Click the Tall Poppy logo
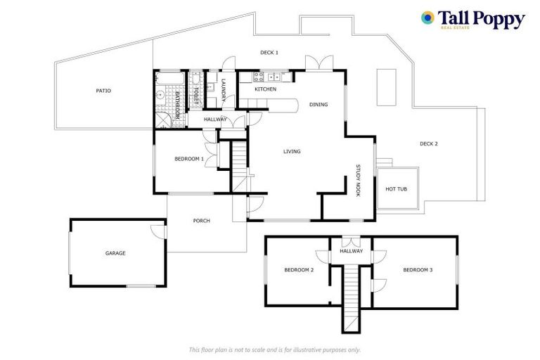pyautogui.click(x=472, y=19)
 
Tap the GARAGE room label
pyautogui.click(x=115, y=253)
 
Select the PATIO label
pyautogui.click(x=103, y=91)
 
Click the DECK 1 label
pyautogui.click(x=269, y=53)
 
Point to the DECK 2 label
pyautogui.click(x=428, y=144)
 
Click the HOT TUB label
pyautogui.click(x=396, y=189)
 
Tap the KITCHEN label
pyautogui.click(x=265, y=89)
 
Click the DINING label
pyautogui.click(x=319, y=105)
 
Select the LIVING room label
pyautogui.click(x=292, y=151)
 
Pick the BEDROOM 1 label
pyautogui.click(x=189, y=159)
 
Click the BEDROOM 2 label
pyautogui.click(x=299, y=270)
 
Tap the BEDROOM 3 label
pyautogui.click(x=418, y=270)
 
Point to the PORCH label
pyautogui.click(x=202, y=221)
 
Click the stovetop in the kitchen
pyautogui.click(x=257, y=77)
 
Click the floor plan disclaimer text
pyautogui.click(x=275, y=349)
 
